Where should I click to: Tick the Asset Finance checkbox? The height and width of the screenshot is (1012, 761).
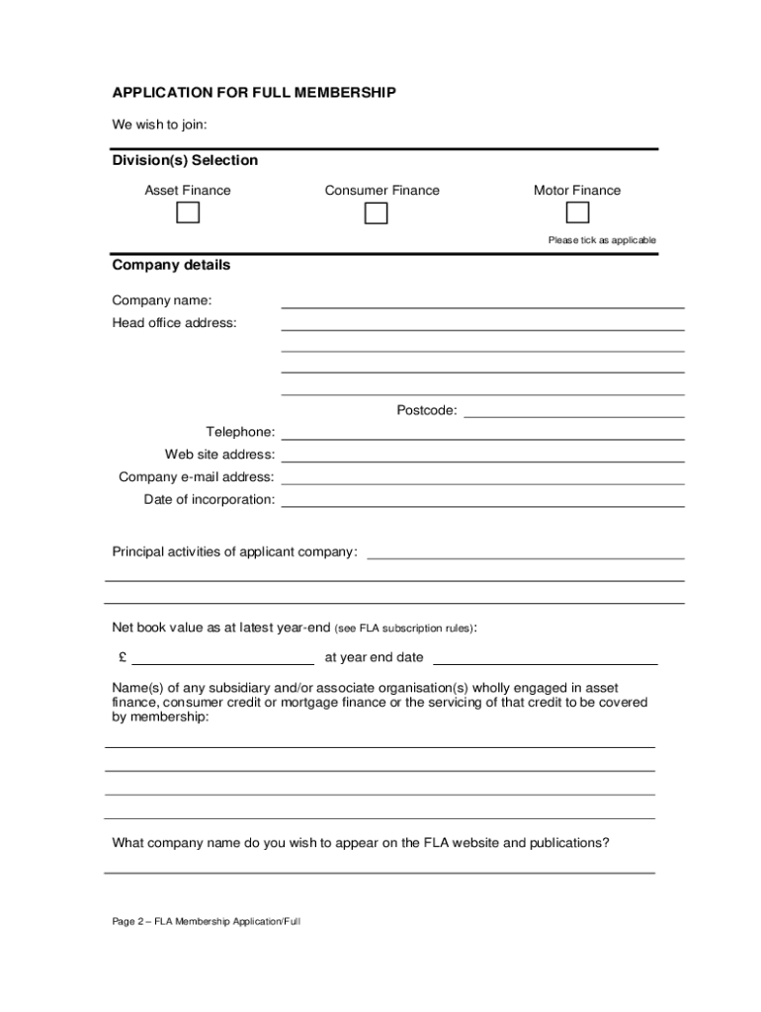(x=188, y=212)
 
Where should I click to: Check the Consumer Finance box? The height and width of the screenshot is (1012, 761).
(x=376, y=212)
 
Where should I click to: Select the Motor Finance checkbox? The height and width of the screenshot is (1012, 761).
(x=577, y=212)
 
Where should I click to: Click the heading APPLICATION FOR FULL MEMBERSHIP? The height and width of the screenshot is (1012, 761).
(x=254, y=92)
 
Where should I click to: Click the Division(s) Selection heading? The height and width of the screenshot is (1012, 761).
(x=185, y=160)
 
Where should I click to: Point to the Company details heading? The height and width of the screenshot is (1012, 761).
(x=171, y=265)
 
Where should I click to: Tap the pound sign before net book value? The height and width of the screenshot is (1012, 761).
(x=122, y=657)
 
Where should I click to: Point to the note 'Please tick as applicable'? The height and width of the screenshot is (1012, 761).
(x=602, y=240)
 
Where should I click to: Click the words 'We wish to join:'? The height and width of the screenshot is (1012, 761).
(x=159, y=125)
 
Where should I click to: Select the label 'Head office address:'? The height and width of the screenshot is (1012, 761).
(x=174, y=323)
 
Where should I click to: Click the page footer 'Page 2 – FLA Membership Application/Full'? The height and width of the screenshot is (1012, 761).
(x=206, y=921)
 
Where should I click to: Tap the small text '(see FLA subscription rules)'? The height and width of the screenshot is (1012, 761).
(x=404, y=629)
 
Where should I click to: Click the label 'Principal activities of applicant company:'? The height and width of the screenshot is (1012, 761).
(x=234, y=551)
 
